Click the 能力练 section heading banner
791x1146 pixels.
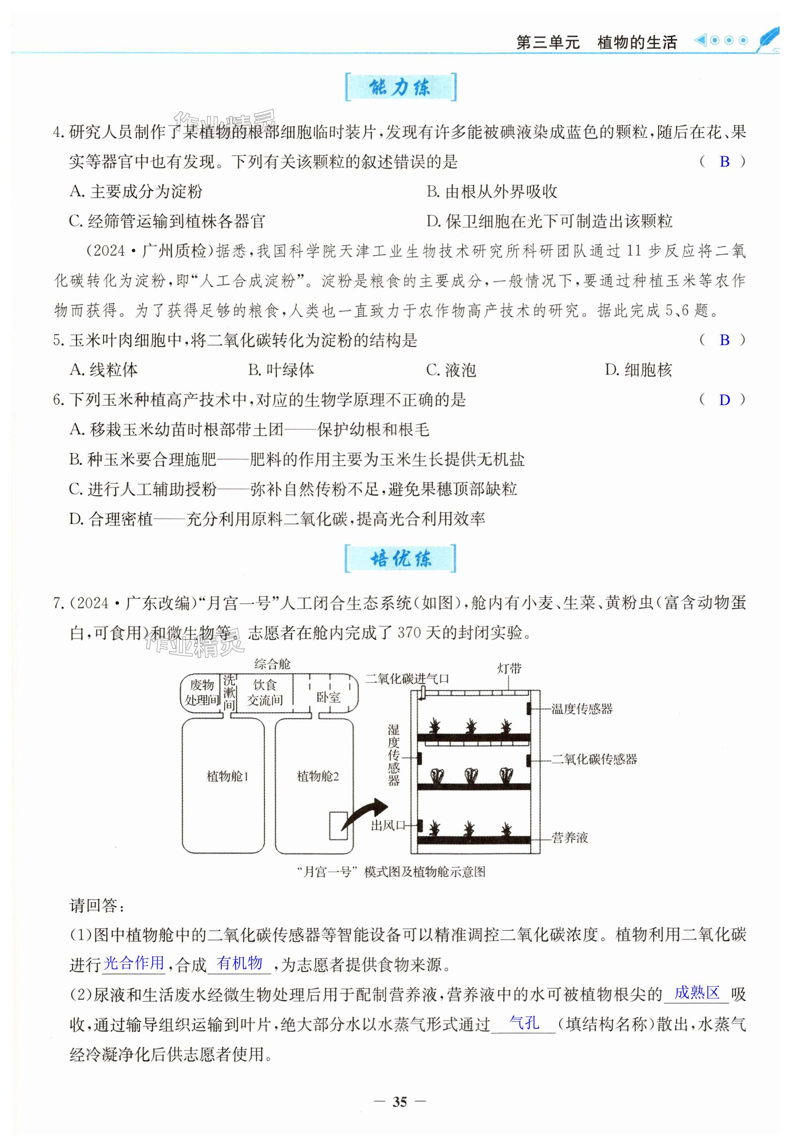(x=400, y=87)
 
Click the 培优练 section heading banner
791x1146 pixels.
(x=400, y=559)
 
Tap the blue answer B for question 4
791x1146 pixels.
(x=724, y=161)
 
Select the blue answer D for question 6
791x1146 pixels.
(x=724, y=400)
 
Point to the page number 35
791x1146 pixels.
(x=400, y=1101)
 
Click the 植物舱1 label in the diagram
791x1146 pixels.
(x=227, y=776)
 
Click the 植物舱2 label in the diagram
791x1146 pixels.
(x=318, y=776)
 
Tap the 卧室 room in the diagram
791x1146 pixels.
(x=329, y=697)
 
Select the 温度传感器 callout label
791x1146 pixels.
(x=582, y=709)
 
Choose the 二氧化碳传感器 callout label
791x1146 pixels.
(x=594, y=759)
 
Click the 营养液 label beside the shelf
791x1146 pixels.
(x=569, y=838)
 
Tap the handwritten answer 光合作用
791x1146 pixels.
(x=134, y=963)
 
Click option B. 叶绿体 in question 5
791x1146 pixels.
(x=281, y=370)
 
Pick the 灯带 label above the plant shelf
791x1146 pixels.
(x=509, y=669)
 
